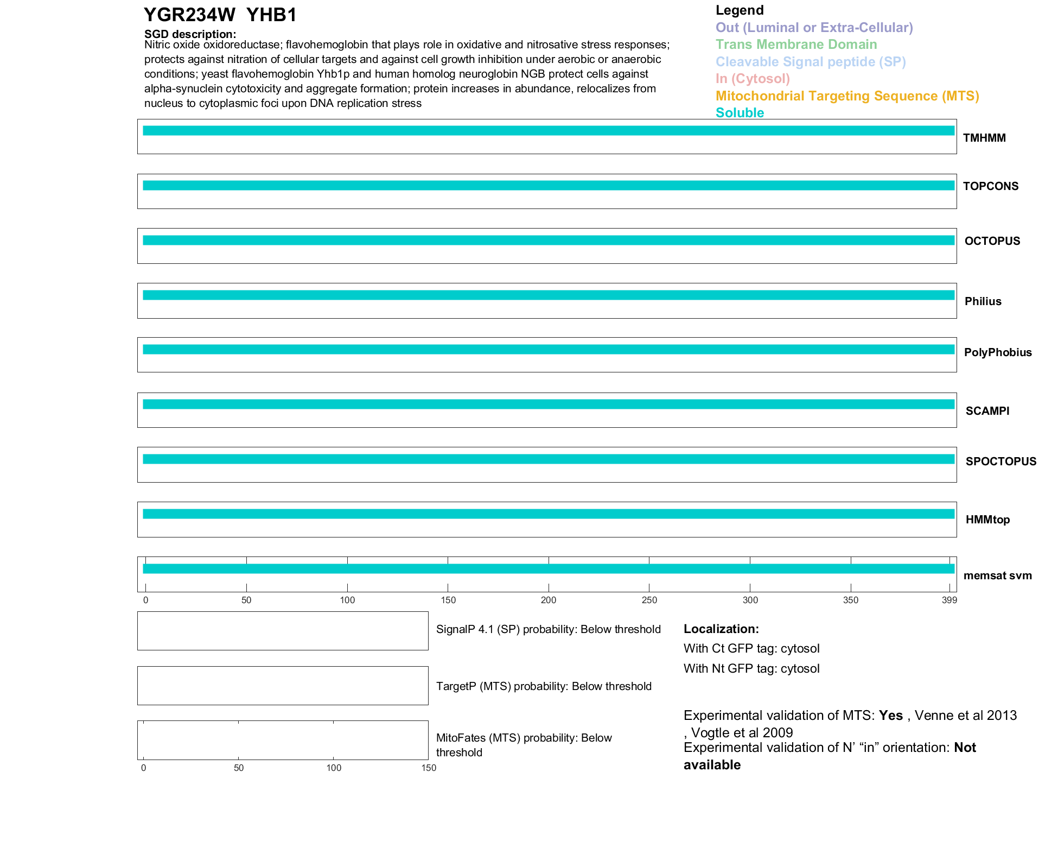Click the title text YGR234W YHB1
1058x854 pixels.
[x=220, y=15]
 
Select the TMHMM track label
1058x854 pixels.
[x=984, y=138]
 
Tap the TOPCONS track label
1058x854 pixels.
[x=991, y=186]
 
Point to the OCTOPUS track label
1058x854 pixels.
[x=992, y=241]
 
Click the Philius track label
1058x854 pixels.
[x=983, y=301]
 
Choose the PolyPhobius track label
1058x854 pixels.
[x=998, y=352]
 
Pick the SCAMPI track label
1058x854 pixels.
[x=987, y=411]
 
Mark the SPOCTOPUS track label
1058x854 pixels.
[x=1001, y=461]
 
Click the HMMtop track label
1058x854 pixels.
[x=987, y=520]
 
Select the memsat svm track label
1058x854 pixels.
[x=997, y=575]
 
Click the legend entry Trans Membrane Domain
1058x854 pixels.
[x=796, y=45]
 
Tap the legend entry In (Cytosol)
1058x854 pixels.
[x=753, y=79]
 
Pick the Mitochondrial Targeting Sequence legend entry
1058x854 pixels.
[x=847, y=96]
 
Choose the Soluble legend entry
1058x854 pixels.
[x=740, y=113]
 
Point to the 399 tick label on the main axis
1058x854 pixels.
[x=949, y=600]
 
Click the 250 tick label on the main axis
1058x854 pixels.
[x=649, y=600]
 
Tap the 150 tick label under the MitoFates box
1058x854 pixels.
[x=429, y=768]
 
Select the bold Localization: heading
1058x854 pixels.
[x=721, y=629]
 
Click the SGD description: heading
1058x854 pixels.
[x=190, y=34]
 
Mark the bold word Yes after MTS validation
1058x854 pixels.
[x=891, y=716]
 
